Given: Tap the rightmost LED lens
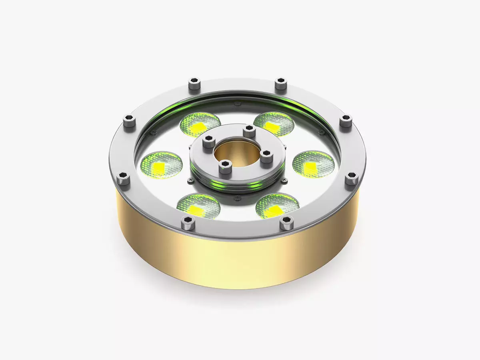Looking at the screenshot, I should (313, 164).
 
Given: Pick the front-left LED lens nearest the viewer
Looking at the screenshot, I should (198, 206).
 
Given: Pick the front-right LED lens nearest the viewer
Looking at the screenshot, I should (278, 206).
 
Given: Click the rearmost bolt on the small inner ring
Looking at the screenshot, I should (249, 131).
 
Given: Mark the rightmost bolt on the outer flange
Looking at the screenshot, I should (352, 178).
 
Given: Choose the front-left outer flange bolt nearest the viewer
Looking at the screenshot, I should (188, 222).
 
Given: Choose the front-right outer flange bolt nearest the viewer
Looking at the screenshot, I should (286, 223).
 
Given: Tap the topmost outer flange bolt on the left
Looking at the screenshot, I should (194, 84).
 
